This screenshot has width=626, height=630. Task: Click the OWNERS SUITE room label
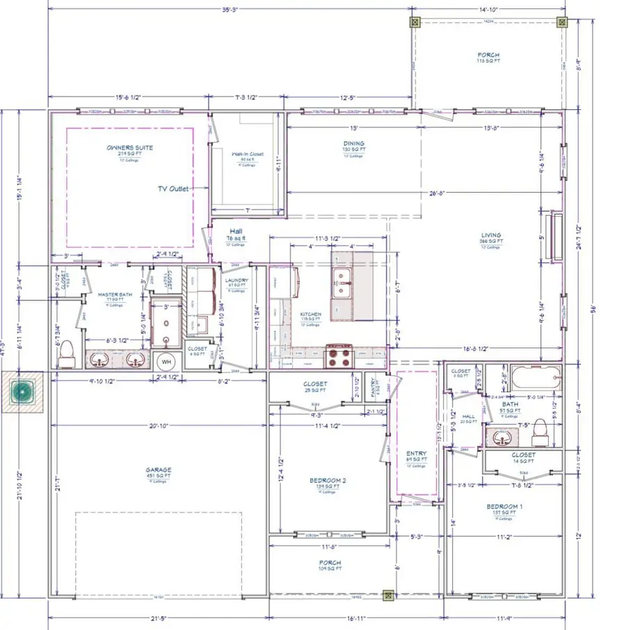[129, 148]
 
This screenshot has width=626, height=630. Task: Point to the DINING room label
[353, 144]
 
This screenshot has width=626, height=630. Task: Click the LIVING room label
[490, 235]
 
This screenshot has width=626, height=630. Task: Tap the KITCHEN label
[310, 315]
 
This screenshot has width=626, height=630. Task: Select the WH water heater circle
[166, 362]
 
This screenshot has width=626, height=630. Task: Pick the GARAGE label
[158, 470]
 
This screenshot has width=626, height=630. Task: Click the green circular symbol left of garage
[24, 393]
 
